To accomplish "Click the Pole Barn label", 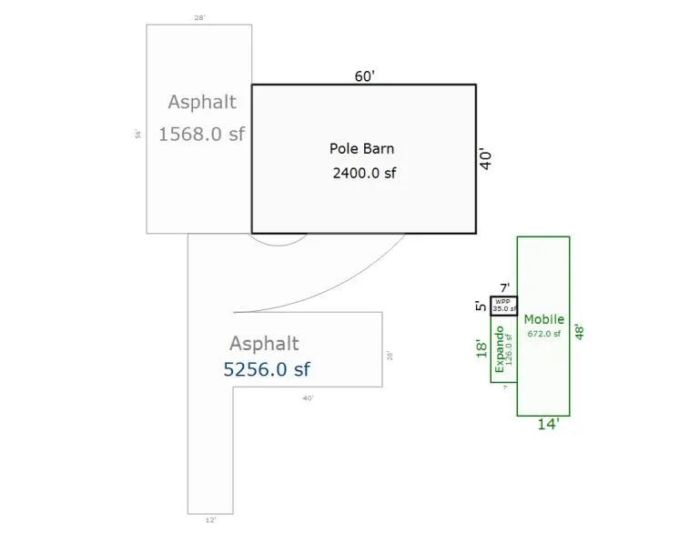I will point(361,148).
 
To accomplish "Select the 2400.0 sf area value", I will point(364,172).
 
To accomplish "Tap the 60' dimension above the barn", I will point(364,76).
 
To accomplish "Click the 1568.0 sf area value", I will point(201,134).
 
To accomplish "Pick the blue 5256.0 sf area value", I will point(267,369).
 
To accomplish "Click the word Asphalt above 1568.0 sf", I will point(201,102).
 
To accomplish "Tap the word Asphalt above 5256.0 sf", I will point(264,344).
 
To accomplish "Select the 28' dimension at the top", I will point(200,17).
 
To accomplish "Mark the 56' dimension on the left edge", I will point(138,134).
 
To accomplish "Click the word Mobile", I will point(543,319).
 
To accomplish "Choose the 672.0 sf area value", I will point(543,334).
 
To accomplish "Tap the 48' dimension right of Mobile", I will point(579,327).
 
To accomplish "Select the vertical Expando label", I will point(499,348).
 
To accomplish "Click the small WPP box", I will point(503,305).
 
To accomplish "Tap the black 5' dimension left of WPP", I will point(481,306).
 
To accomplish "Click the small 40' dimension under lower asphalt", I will point(308,397).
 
